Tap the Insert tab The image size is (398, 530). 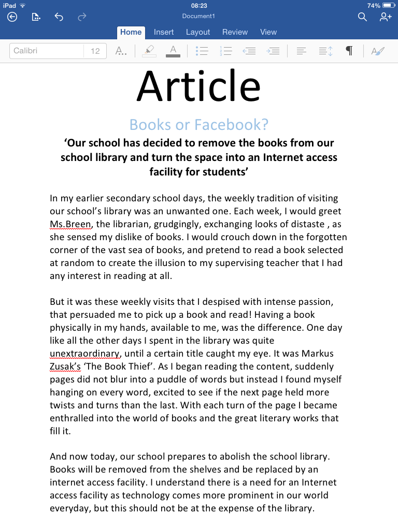(164, 32)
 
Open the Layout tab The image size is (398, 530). (198, 32)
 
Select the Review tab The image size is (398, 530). (235, 32)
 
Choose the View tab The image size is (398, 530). (268, 32)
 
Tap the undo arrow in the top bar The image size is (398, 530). (59, 17)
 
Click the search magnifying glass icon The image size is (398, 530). (362, 17)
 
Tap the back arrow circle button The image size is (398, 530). (12, 17)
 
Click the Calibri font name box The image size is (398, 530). (47, 51)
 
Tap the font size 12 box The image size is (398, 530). (95, 51)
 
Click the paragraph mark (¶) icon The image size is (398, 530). (349, 51)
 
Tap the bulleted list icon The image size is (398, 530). (202, 51)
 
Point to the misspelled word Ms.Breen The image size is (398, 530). (70, 224)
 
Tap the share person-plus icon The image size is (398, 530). (385, 17)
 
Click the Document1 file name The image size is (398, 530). (198, 16)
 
